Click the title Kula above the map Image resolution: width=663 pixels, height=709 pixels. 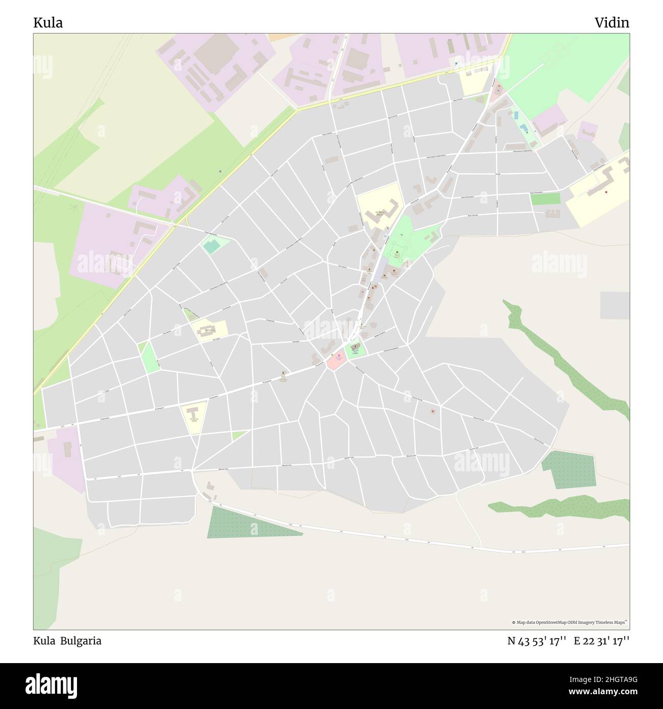(48, 23)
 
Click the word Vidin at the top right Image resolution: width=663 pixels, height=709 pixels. (611, 23)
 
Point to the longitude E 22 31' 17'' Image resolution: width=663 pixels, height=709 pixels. (602, 641)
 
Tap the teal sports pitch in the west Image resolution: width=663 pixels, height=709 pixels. (211, 246)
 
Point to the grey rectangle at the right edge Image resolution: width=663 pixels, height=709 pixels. (615, 306)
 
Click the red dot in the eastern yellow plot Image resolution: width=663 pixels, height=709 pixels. (606, 192)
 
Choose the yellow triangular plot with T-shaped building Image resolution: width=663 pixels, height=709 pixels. (194, 413)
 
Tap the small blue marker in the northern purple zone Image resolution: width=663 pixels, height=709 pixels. (456, 64)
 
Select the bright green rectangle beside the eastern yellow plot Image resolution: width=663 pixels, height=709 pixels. (545, 199)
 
